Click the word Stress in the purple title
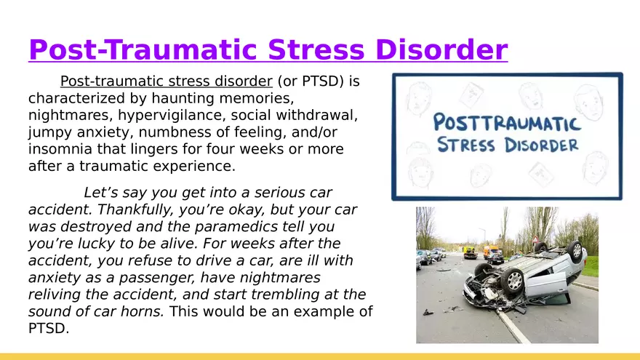[316, 49]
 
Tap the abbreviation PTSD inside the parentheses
[321, 81]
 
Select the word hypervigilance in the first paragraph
[172, 116]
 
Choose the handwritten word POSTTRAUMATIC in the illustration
[506, 122]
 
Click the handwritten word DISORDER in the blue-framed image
[541, 145]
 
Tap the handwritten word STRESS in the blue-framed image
[466, 145]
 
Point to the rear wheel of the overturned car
[574, 252]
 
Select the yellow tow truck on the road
[470, 253]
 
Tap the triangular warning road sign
[535, 239]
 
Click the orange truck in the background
[491, 252]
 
